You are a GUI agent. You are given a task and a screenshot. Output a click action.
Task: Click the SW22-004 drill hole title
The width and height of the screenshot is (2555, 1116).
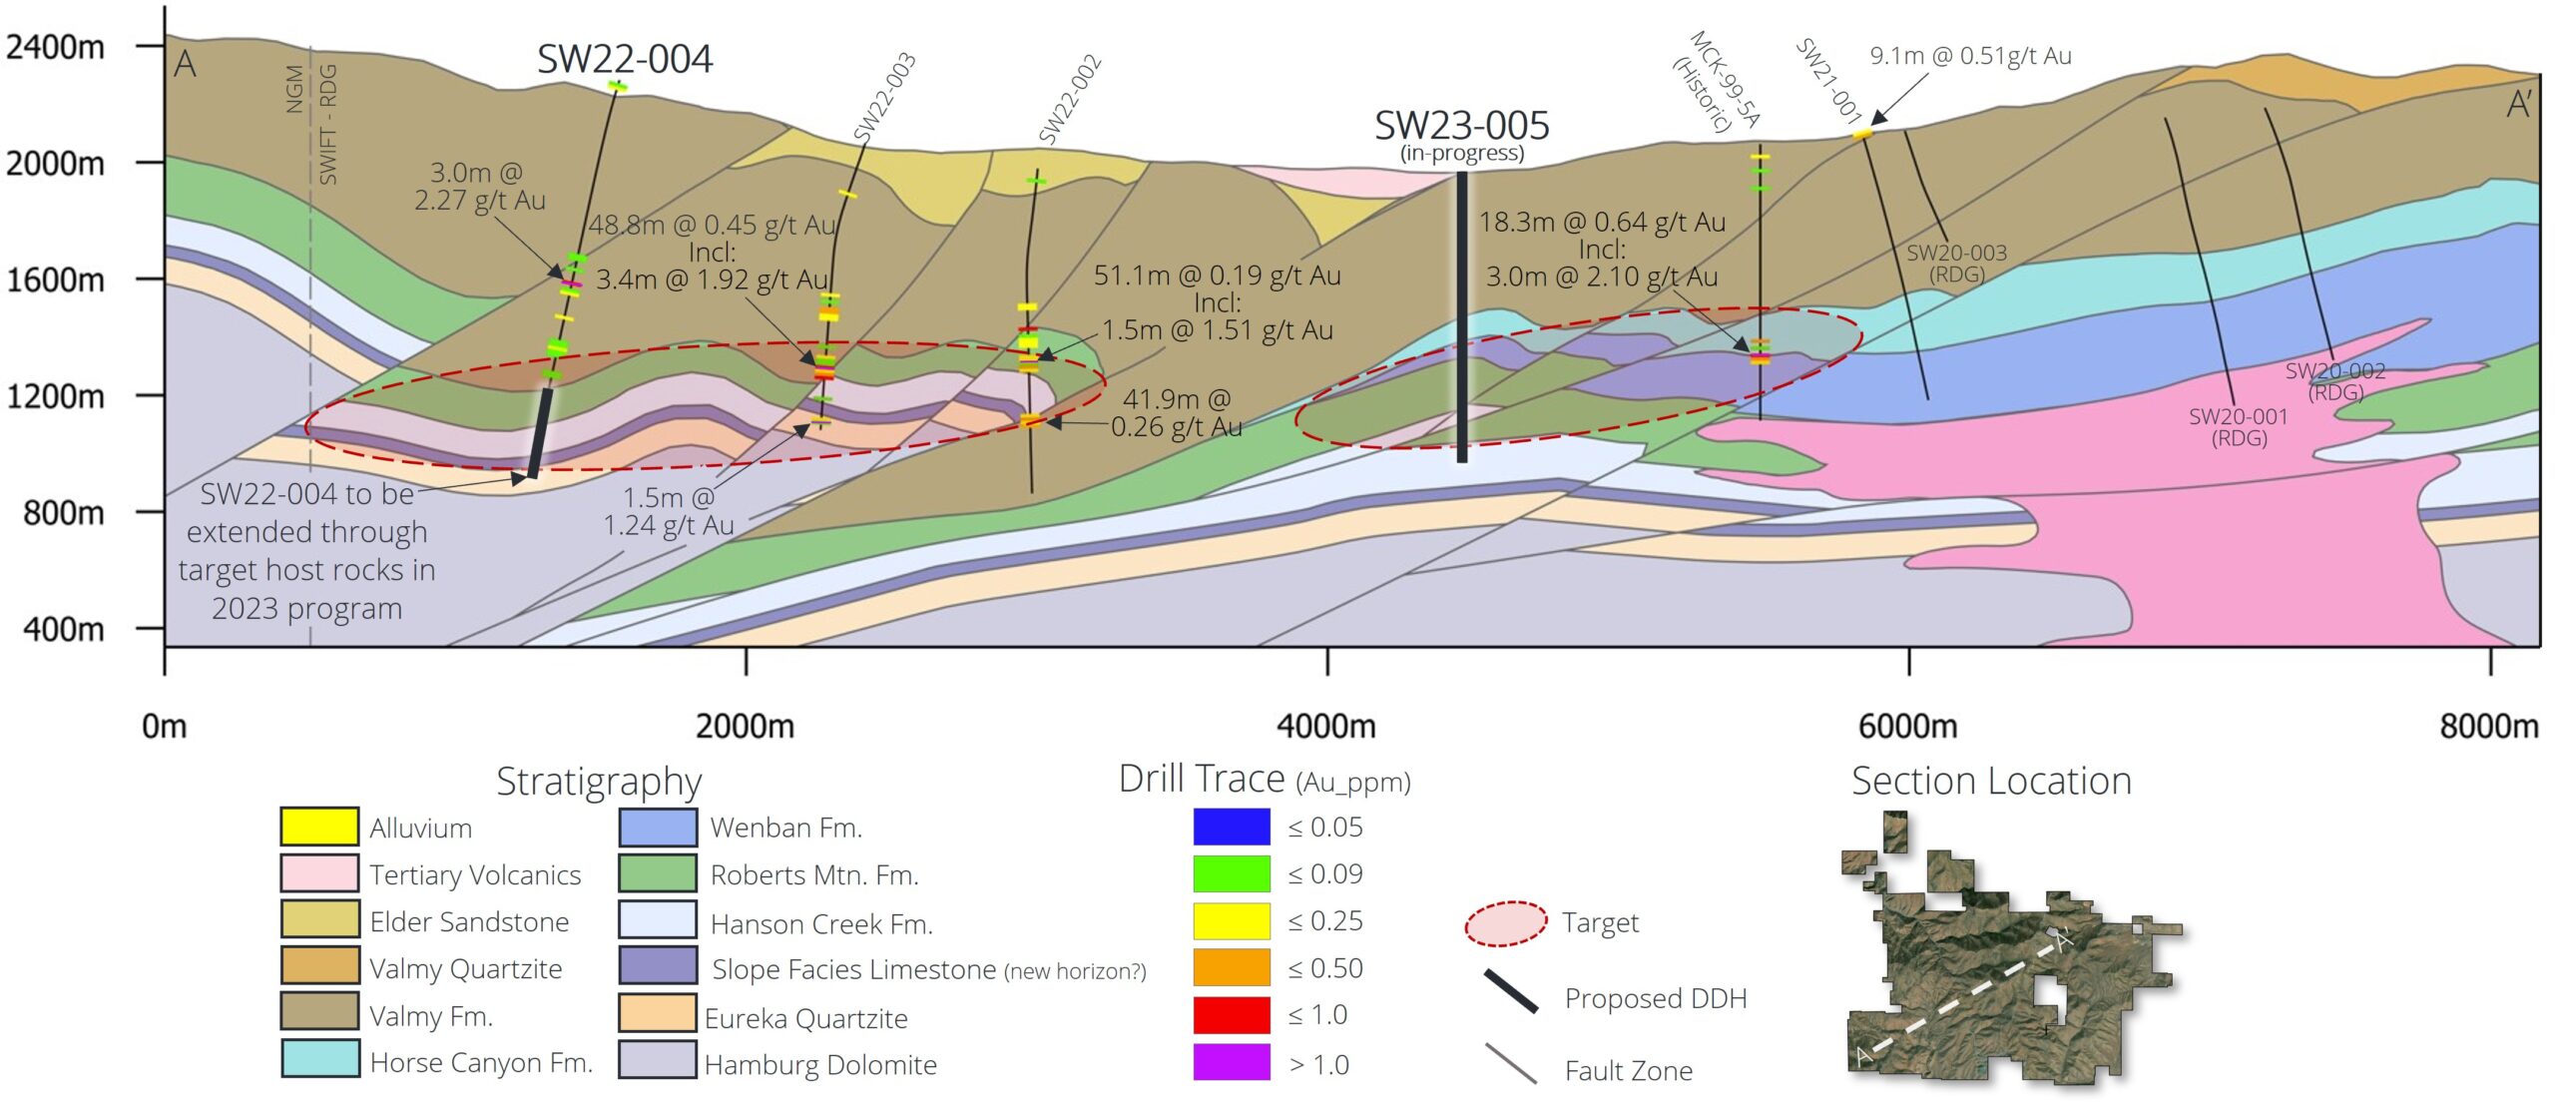coord(625,59)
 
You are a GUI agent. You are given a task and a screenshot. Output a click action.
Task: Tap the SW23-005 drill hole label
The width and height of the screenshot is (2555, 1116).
coord(1462,126)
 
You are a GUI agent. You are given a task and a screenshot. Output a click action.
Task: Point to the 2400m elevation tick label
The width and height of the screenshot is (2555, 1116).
coord(55,47)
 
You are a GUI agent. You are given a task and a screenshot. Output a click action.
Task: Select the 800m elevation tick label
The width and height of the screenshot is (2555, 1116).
coord(63,513)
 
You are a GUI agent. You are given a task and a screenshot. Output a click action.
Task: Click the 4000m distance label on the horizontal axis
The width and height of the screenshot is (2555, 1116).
coord(1326,726)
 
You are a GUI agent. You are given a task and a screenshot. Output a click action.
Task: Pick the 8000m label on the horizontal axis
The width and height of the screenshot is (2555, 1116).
coord(2489,726)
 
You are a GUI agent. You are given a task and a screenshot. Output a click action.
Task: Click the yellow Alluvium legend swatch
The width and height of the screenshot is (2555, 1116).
coord(319,827)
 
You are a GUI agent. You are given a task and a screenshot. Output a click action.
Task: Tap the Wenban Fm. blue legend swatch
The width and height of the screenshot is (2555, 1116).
coord(658,827)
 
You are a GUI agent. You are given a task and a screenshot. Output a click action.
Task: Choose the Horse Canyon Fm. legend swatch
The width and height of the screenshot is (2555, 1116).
coord(319,1059)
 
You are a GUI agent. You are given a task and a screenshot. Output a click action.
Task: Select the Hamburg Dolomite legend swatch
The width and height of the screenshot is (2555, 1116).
coord(658,1059)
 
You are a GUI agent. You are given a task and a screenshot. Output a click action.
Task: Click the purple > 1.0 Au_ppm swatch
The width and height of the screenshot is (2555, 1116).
coord(1232,1062)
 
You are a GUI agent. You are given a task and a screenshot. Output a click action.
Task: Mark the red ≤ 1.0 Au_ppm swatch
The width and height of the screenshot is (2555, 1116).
coord(1232,1015)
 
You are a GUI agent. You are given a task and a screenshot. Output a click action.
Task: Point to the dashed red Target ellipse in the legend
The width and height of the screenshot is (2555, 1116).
coord(1505,923)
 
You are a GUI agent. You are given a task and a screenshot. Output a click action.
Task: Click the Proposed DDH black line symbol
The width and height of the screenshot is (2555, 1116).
coord(1510,992)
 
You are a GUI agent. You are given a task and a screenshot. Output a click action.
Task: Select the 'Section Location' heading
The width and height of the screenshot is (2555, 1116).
coord(1991,781)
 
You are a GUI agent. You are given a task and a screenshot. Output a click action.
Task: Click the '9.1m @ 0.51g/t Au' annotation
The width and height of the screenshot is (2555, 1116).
coord(1970,56)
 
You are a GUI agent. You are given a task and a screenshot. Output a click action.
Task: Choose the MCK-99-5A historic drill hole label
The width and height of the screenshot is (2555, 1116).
coord(1716,82)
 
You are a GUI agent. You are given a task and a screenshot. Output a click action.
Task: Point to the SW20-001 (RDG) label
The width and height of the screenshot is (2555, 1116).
coord(2239,427)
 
